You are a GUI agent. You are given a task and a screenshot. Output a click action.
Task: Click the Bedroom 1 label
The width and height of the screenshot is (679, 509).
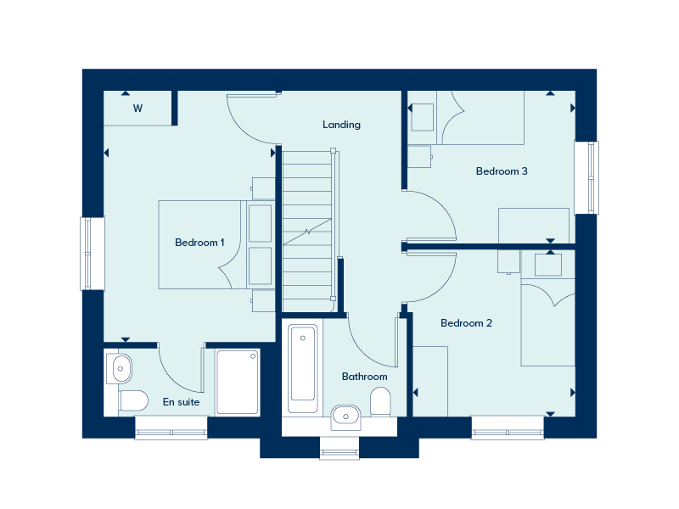(199, 243)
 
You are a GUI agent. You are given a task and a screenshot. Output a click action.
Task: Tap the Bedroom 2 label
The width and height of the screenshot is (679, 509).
(466, 323)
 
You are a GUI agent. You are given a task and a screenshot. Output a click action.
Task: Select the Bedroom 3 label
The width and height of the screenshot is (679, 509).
(502, 171)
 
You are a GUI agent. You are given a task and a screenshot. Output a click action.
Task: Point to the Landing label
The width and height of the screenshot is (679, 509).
(342, 125)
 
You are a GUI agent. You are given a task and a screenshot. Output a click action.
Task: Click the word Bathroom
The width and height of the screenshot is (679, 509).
(365, 377)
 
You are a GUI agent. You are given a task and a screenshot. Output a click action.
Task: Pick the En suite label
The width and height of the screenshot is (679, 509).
(181, 402)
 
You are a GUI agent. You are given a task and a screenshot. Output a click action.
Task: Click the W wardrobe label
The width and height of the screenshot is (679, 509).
(137, 109)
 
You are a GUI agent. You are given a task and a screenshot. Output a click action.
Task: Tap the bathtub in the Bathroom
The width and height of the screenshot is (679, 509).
(303, 368)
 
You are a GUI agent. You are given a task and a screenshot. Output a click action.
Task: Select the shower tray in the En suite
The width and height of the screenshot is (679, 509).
(238, 383)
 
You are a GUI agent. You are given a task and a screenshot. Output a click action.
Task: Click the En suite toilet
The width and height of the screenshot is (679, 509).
(134, 400)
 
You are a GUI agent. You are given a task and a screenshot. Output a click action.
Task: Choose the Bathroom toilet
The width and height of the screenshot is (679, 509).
(380, 401)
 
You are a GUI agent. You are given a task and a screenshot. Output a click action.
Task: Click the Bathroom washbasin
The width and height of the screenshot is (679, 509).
(345, 417)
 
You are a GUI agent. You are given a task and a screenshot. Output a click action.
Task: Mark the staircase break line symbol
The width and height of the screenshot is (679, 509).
(307, 232)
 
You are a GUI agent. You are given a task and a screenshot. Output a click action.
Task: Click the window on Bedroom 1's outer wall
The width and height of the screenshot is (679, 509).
(93, 253)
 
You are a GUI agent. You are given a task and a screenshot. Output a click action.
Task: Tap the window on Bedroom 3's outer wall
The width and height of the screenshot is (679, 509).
(586, 177)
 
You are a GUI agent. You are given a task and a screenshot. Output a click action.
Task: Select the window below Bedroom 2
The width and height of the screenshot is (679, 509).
(508, 428)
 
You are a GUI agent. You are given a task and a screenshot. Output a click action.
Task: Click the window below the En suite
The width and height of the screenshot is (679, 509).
(171, 428)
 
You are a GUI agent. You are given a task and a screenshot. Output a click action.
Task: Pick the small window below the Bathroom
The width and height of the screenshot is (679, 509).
(339, 448)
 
